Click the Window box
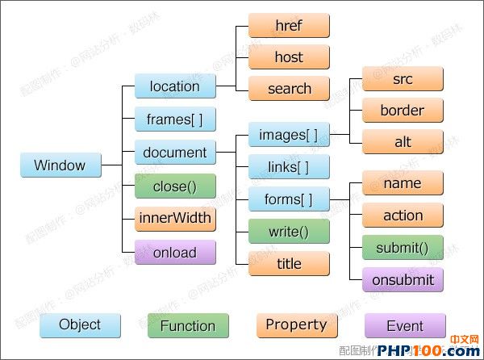coord(60,166)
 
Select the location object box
coord(175,86)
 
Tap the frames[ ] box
coord(175,119)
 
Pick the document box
coord(175,153)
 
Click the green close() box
coord(175,186)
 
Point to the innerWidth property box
coord(175,219)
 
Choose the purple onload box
coord(175,253)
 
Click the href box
coord(289,25)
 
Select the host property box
coord(289,57)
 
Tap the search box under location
coord(289,89)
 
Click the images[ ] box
coord(289,135)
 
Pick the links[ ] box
coord(289,167)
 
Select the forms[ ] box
coord(289,199)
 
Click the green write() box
coord(289,232)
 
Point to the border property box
coord(403,111)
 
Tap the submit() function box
coord(403,248)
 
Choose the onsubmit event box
coord(403,280)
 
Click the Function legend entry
coord(188,326)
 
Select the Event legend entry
coord(405,326)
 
